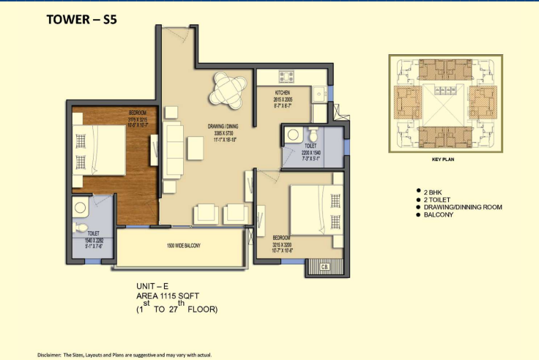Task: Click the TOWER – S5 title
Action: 81,20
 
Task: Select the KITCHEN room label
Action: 283,93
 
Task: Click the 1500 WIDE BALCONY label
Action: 183,245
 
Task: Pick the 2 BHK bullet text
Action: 432,191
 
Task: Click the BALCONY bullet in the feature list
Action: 437,214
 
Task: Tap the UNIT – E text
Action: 153,286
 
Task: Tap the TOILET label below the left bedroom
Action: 93,233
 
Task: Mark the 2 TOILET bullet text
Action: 435,199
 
